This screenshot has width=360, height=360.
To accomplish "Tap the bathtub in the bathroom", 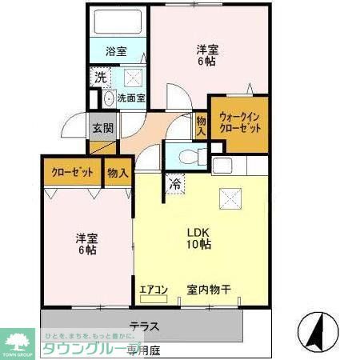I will [117, 22].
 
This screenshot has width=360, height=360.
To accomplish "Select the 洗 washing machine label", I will [100, 78].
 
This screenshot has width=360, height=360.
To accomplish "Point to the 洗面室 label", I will [131, 99].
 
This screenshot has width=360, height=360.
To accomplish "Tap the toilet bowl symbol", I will [186, 158].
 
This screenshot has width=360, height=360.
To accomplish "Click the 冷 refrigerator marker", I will [174, 183].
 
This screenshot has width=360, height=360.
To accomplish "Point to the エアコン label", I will [153, 289].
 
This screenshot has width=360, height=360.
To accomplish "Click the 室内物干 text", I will [210, 289].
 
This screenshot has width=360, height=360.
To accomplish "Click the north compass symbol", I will [318, 328].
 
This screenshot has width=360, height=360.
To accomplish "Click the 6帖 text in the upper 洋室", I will [209, 61].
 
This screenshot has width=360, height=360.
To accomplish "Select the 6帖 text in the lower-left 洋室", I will [87, 250].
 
